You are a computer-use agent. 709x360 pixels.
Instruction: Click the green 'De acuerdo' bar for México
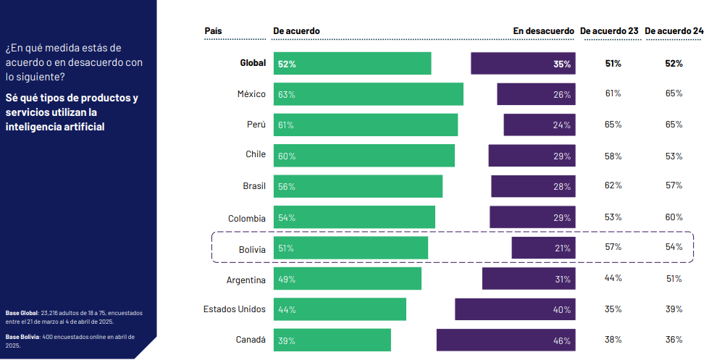click(369, 94)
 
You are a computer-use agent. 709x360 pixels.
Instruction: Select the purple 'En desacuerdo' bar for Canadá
click(506, 340)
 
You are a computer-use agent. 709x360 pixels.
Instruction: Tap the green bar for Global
click(353, 64)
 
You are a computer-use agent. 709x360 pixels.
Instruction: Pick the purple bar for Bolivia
click(544, 248)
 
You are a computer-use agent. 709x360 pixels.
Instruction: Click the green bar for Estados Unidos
click(340, 309)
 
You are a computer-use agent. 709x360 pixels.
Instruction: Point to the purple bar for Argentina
click(529, 279)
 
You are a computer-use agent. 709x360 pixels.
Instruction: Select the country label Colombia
click(246, 218)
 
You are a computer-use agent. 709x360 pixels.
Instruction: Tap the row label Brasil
click(254, 186)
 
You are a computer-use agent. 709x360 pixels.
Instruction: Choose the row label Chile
click(256, 154)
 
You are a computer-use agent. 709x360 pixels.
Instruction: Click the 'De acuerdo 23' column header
click(609, 31)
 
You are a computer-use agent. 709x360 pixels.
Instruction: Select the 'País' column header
click(214, 31)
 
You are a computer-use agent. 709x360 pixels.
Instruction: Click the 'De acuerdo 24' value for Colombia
click(674, 217)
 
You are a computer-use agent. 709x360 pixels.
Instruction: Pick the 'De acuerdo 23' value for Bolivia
click(613, 247)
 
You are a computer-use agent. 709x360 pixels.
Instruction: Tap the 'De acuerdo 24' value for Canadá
click(674, 339)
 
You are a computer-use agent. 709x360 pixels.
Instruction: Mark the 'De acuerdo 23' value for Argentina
click(613, 278)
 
